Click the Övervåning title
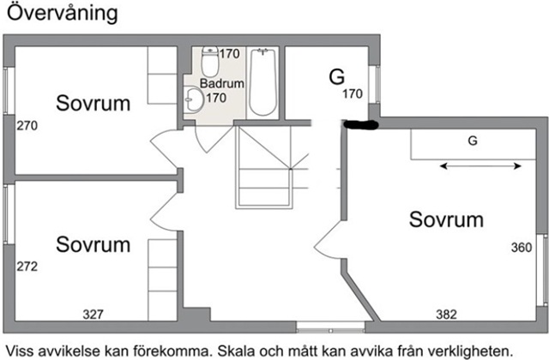[x=63, y=14]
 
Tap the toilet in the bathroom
[x=210, y=62]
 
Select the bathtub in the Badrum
[x=262, y=82]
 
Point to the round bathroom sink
[x=193, y=99]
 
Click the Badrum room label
[x=222, y=84]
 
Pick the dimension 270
[x=27, y=126]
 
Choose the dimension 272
[x=27, y=267]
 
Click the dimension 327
[x=94, y=315]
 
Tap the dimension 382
[x=446, y=315]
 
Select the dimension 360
[x=522, y=248]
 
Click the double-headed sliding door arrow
[x=480, y=166]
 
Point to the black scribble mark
[x=360, y=124]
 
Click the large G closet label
[x=337, y=77]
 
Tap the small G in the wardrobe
[x=473, y=141]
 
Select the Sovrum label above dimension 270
[x=94, y=103]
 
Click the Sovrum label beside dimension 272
[x=94, y=244]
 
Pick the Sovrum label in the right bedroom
[x=446, y=219]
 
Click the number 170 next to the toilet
[x=230, y=54]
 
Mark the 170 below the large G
[x=353, y=93]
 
